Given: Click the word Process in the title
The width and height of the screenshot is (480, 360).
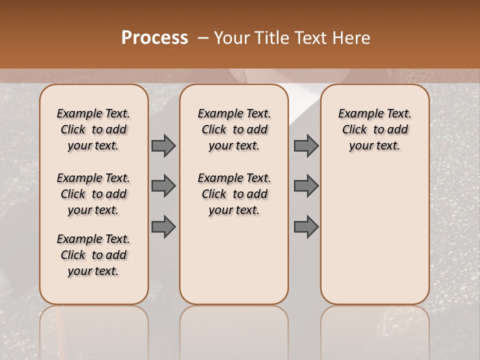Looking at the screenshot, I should (x=154, y=38).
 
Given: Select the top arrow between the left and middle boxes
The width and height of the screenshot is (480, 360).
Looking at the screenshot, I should (x=163, y=145).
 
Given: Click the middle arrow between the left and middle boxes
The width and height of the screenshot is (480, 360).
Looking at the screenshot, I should (x=163, y=186).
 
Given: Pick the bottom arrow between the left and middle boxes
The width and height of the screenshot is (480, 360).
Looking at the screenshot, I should (x=163, y=226).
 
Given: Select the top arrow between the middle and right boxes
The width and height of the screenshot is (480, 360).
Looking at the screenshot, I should (x=306, y=145).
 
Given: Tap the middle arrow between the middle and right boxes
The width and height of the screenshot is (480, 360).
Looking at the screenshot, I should (x=306, y=186).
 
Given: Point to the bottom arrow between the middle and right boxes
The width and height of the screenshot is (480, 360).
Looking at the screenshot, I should (x=306, y=226).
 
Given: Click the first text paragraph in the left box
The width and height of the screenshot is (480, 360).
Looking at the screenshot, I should (x=93, y=129).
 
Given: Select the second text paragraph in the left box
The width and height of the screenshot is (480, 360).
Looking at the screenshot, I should (x=93, y=194).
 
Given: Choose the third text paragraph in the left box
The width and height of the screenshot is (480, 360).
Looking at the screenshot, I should (x=93, y=255).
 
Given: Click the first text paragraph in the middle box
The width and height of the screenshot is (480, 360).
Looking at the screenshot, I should (x=234, y=129).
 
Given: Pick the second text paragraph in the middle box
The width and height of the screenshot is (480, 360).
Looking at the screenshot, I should (x=234, y=194).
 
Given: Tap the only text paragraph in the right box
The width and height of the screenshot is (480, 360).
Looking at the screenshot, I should (x=374, y=129).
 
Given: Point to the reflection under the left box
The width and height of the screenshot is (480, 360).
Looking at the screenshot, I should (x=93, y=330).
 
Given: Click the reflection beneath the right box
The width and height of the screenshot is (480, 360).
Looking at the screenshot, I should (x=374, y=330).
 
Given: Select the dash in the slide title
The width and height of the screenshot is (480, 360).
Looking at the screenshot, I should (x=203, y=38).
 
